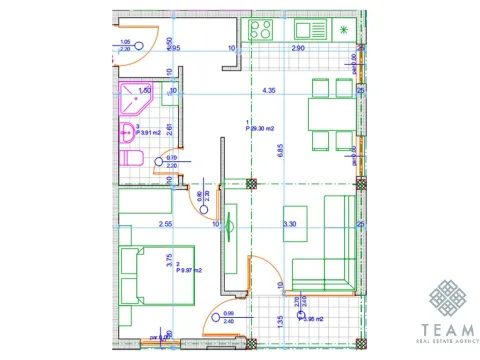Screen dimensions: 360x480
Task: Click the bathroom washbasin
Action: [x=127, y=132]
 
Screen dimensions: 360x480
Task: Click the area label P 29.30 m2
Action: [x=262, y=127]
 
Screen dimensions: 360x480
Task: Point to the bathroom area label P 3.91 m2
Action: [x=147, y=132]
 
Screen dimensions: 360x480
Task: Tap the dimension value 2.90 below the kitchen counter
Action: [x=297, y=47]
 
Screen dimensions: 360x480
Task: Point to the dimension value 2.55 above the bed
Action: [x=166, y=224]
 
